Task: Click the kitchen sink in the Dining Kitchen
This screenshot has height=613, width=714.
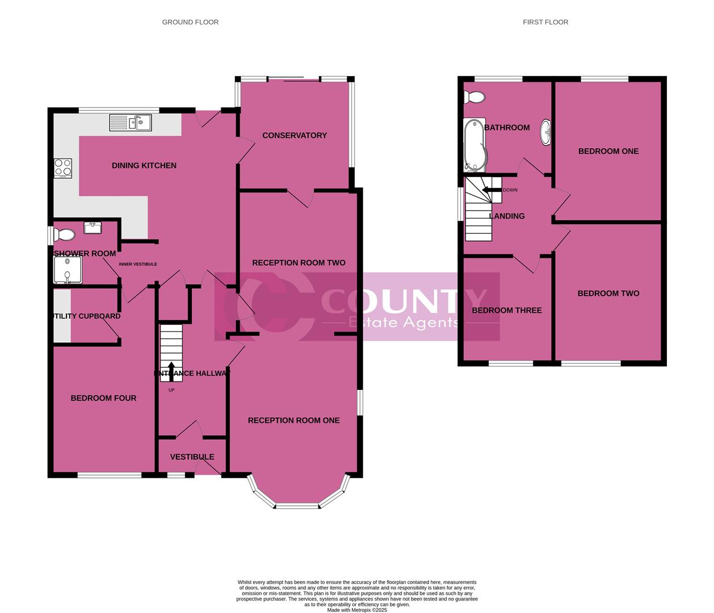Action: coord(131,122)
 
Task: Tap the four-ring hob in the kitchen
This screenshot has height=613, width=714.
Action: coord(63,167)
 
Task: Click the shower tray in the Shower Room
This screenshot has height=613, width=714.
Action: coord(68,270)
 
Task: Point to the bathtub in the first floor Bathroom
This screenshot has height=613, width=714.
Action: coord(474,145)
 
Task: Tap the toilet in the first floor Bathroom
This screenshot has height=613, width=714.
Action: coord(474,98)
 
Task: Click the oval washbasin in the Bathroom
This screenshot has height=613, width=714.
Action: coord(545,132)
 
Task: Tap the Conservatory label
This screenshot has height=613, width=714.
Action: coord(295,135)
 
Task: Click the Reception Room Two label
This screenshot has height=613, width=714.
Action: coord(299,263)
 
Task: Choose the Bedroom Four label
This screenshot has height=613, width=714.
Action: coord(103,398)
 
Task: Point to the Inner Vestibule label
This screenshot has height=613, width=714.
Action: coord(138,264)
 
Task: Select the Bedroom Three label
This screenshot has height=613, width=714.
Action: coord(507,310)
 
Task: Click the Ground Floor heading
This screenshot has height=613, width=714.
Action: coord(190,22)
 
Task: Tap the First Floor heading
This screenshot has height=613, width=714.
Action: coord(545,22)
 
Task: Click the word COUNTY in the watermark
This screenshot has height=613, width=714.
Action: coord(404,300)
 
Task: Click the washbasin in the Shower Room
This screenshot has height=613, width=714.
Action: coord(93,228)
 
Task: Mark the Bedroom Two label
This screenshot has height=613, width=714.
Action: coord(608,293)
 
